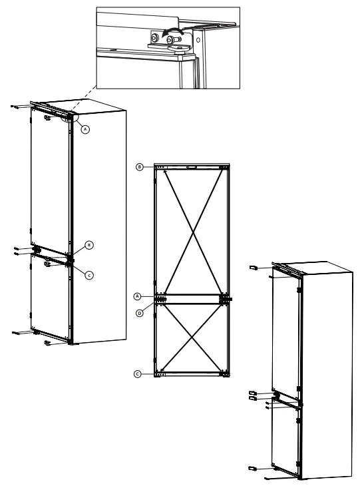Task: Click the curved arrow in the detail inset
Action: pos(172,31)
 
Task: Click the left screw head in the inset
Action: pos(154,39)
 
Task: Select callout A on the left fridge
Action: pos(85,130)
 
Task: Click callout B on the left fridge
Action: pos(90,245)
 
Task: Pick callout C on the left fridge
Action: pos(89,275)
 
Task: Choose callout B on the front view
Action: pos(140,166)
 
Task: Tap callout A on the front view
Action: pos(138,296)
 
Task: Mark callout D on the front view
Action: pos(140,312)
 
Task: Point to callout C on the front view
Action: pos(138,374)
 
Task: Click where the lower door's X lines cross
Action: pos(192,338)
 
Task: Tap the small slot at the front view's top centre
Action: pos(193,168)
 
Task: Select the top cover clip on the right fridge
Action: pos(254,267)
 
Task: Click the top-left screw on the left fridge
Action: pos(17,105)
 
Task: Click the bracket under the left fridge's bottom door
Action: pos(49,343)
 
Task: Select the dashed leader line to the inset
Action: pos(83,101)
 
